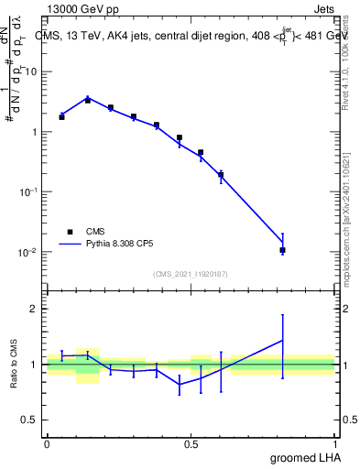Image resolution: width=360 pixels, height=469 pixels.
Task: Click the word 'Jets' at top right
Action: [324, 10]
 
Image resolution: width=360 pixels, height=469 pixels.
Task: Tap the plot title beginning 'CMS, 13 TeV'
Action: [192, 37]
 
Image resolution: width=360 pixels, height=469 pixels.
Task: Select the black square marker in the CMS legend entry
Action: [70, 232]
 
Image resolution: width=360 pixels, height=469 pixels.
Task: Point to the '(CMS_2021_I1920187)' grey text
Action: [191, 273]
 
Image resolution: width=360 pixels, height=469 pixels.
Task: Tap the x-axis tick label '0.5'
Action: [191, 442]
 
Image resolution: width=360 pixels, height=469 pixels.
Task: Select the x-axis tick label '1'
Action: [335, 442]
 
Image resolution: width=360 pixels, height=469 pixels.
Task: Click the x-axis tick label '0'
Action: [47, 442]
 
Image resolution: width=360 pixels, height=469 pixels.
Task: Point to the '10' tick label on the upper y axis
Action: [31, 71]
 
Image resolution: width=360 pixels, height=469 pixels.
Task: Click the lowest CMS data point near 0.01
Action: [283, 250]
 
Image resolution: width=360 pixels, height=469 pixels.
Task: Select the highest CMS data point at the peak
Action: [88, 100]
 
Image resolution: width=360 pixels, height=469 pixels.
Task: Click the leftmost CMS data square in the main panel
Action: [61, 117]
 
